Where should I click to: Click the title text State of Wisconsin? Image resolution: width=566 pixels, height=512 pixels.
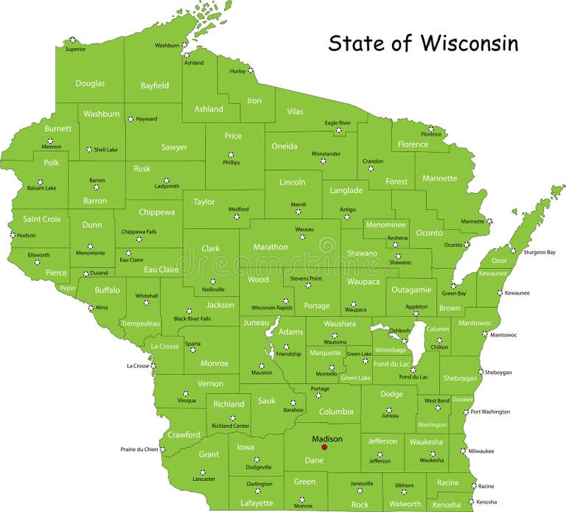tap(423, 43)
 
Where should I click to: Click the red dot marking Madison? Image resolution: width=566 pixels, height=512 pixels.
tap(324, 447)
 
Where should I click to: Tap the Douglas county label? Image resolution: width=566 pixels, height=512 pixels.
tap(90, 84)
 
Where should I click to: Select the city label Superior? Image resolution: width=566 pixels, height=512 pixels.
tap(75, 49)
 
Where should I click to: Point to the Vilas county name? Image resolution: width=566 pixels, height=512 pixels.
tap(295, 112)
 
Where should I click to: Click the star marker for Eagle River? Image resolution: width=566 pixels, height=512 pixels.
tap(339, 131)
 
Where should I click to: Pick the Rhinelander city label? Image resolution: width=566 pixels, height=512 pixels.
tap(326, 153)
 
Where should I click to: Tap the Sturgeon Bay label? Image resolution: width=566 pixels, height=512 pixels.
tap(539, 253)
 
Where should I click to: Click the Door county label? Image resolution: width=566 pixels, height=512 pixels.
tap(500, 261)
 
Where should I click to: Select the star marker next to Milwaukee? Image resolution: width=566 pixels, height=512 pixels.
tap(462, 450)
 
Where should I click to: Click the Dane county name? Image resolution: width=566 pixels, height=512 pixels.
tap(314, 460)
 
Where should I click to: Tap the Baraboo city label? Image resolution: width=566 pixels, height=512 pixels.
tap(293, 410)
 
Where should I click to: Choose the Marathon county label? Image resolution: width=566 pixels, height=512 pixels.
tap(270, 247)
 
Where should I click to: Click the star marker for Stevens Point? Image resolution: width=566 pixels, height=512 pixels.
tap(308, 285)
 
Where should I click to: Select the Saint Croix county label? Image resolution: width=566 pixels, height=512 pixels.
tap(42, 220)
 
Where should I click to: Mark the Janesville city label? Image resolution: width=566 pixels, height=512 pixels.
tap(361, 484)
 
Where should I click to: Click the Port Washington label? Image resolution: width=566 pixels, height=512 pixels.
tap(490, 412)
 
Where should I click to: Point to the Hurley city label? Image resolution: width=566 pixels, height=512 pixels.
tap(237, 71)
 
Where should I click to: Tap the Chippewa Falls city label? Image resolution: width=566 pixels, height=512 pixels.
tap(139, 231)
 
